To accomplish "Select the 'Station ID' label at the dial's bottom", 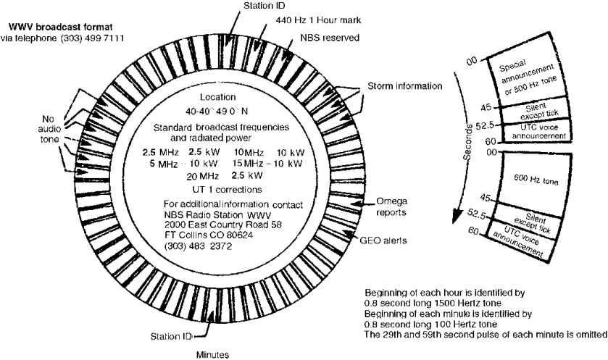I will coord(171,336).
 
